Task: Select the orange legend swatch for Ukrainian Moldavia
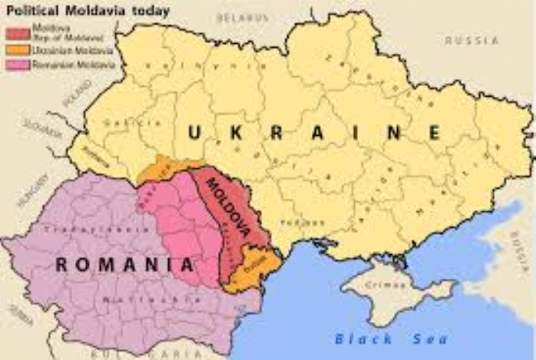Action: click(x=18, y=50)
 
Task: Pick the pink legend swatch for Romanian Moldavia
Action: click(x=18, y=63)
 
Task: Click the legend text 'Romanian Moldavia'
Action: click(x=62, y=63)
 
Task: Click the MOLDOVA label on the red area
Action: click(x=227, y=207)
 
